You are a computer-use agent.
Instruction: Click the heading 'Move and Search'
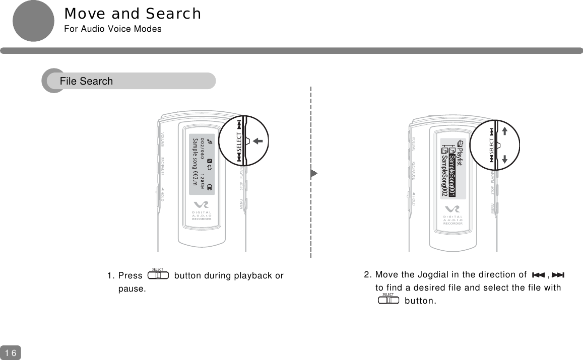coord(133,14)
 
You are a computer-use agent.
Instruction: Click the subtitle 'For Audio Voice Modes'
coord(113,29)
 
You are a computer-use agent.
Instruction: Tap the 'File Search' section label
coord(86,81)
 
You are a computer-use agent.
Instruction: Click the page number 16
coord(10,353)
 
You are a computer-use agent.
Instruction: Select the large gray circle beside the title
coord(33,21)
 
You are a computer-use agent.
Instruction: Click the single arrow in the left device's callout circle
coord(260,141)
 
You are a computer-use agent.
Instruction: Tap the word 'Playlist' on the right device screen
coord(459,156)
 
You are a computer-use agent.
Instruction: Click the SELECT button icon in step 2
coord(388,300)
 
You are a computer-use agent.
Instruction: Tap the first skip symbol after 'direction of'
coord(538,275)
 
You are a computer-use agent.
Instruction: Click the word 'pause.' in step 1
coord(132,289)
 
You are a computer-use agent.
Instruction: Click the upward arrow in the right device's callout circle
coord(504,131)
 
